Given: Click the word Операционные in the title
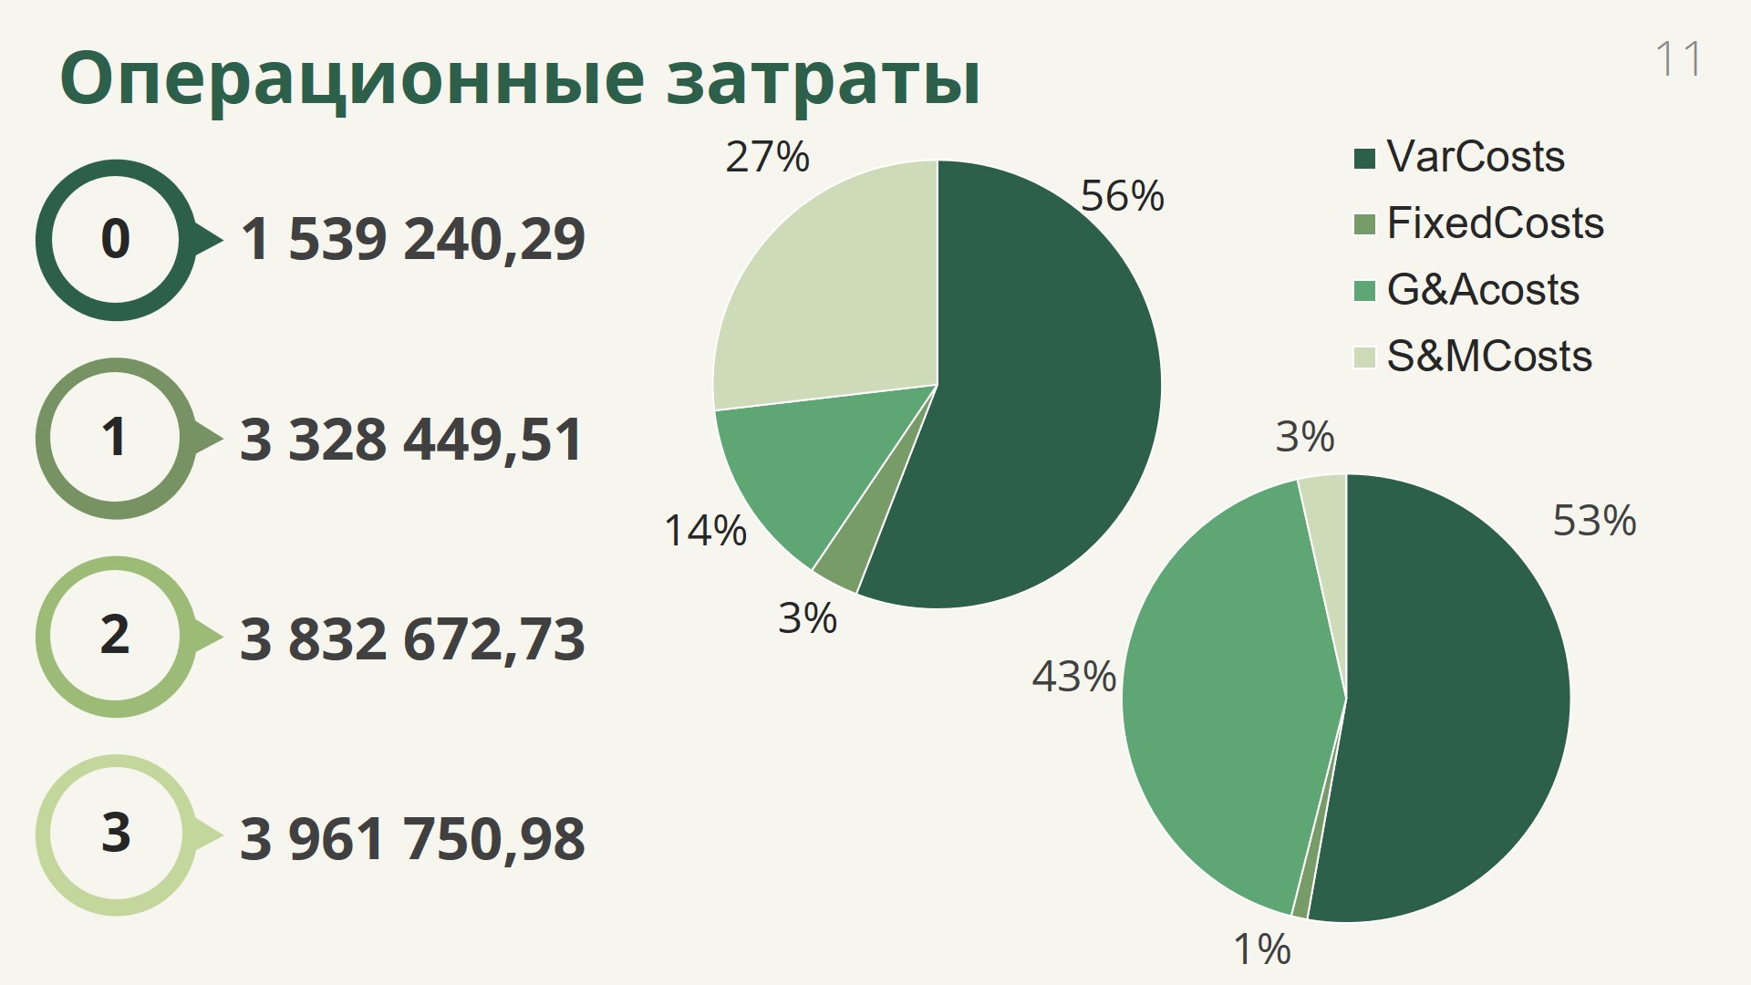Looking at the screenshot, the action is pyautogui.click(x=352, y=79).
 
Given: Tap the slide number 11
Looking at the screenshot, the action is pyautogui.click(x=1678, y=59).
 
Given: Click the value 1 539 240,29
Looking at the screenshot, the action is pyautogui.click(x=412, y=240).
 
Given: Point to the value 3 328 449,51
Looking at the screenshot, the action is pyautogui.click(x=411, y=440).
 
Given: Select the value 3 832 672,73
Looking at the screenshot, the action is pyautogui.click(x=412, y=638).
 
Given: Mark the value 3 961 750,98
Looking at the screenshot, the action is pyautogui.click(x=412, y=838).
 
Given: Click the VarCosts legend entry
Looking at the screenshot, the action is pyautogui.click(x=1459, y=157).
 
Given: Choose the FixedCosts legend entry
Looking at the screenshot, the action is pyautogui.click(x=1478, y=223).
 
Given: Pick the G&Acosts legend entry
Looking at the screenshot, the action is pyautogui.click(x=1466, y=290).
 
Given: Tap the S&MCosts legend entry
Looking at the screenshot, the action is pyautogui.click(x=1473, y=357).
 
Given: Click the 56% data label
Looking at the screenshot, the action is pyautogui.click(x=1123, y=196).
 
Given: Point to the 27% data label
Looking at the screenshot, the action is pyautogui.click(x=767, y=157).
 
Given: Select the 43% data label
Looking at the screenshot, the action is pyautogui.click(x=1074, y=677).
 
